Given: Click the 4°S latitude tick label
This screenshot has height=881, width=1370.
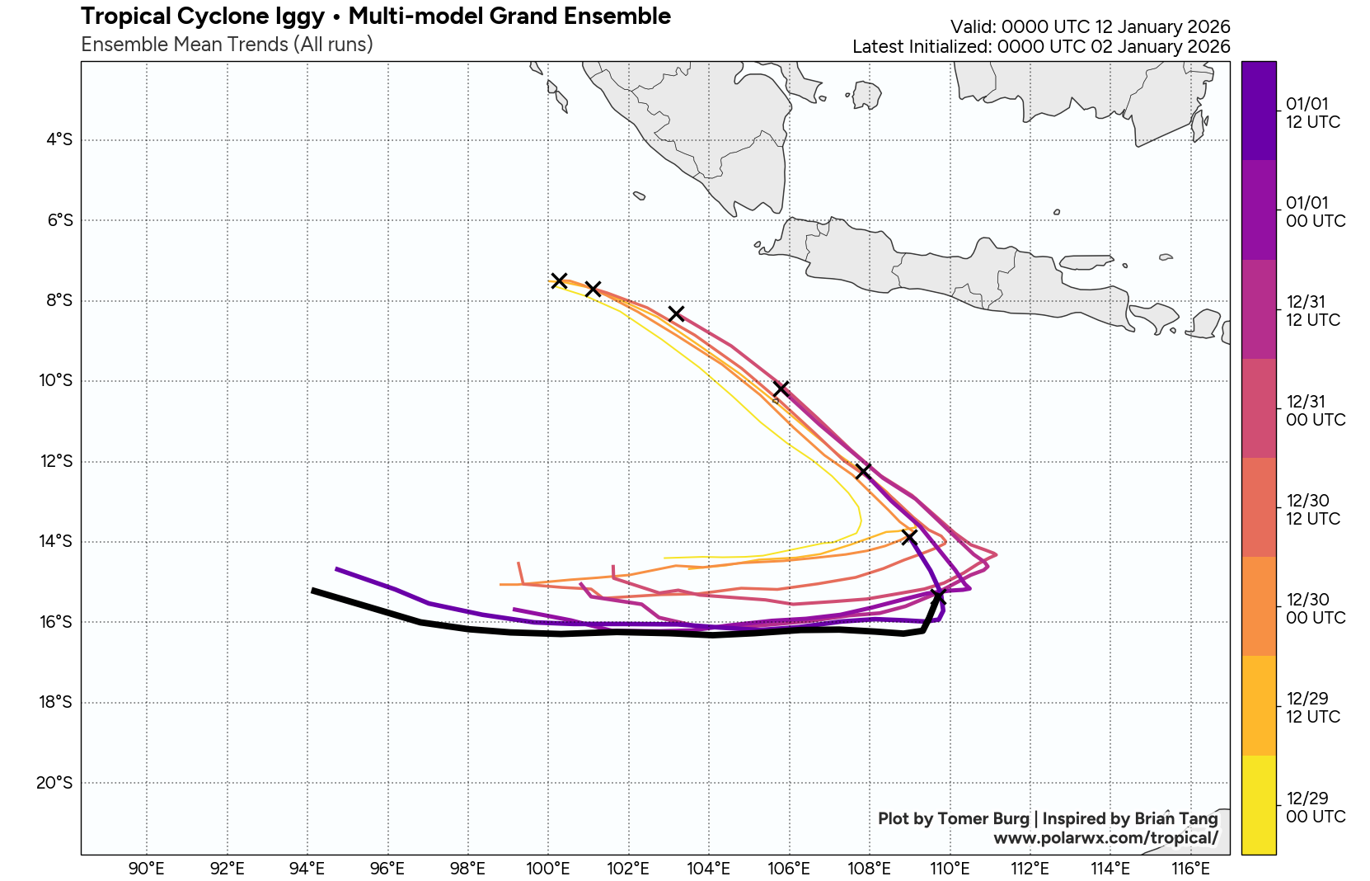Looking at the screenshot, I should (x=59, y=139).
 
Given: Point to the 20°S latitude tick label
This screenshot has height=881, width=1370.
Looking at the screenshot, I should (x=54, y=782).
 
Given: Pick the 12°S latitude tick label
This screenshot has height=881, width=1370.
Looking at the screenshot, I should (x=56, y=461).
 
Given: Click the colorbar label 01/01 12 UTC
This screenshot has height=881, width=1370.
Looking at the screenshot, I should (x=1312, y=113).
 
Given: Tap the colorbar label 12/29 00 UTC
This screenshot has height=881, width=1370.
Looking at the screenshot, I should (x=1316, y=808).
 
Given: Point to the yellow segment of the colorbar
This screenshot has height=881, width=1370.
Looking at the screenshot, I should (x=1258, y=804).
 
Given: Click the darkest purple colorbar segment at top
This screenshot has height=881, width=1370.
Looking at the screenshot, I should (x=1258, y=111).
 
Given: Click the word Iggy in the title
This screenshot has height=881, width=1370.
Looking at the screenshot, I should (x=299, y=16).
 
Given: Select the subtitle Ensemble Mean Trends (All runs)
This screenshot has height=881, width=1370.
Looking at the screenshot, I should (x=227, y=45).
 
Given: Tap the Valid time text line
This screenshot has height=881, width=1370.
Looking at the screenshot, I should (x=1090, y=26).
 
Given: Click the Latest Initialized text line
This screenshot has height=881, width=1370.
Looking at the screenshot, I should (x=1040, y=47).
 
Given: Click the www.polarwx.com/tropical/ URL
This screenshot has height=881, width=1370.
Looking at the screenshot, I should (x=1105, y=838).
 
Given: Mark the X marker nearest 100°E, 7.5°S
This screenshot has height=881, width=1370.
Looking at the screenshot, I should (x=559, y=280).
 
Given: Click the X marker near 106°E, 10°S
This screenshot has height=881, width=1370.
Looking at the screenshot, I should (x=781, y=389).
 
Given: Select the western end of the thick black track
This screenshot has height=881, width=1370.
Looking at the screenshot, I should (x=313, y=591).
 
